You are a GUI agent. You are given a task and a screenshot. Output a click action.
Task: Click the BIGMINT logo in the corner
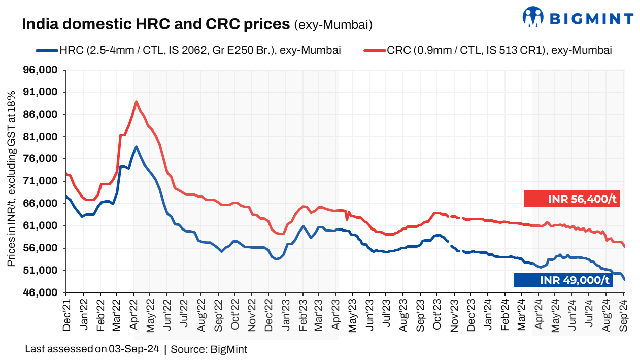pos(578,18)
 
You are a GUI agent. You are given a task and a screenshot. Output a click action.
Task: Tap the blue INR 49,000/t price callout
pos(563,280)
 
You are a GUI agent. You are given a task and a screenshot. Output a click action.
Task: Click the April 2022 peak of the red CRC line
pos(136,102)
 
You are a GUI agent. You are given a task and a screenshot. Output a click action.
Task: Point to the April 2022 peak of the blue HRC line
pos(136,147)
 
